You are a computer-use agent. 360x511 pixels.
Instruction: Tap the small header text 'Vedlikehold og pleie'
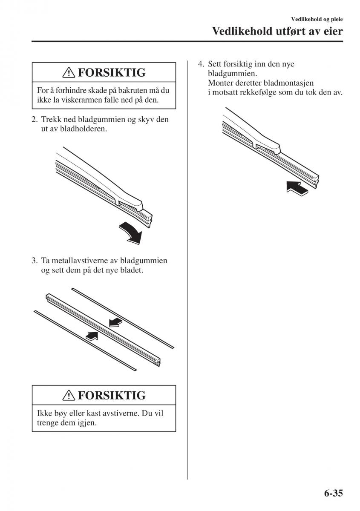pos(317,19)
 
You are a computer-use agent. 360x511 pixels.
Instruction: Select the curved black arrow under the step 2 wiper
pos(131,233)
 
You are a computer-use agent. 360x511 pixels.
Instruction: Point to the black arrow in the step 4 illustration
pos(297,188)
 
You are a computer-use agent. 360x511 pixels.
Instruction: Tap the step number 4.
pos(200,64)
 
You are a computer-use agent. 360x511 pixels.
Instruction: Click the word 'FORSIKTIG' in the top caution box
pos(111,73)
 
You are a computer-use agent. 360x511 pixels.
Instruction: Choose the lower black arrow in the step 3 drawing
pos(92,336)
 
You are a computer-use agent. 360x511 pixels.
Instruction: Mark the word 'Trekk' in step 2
pos(50,119)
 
